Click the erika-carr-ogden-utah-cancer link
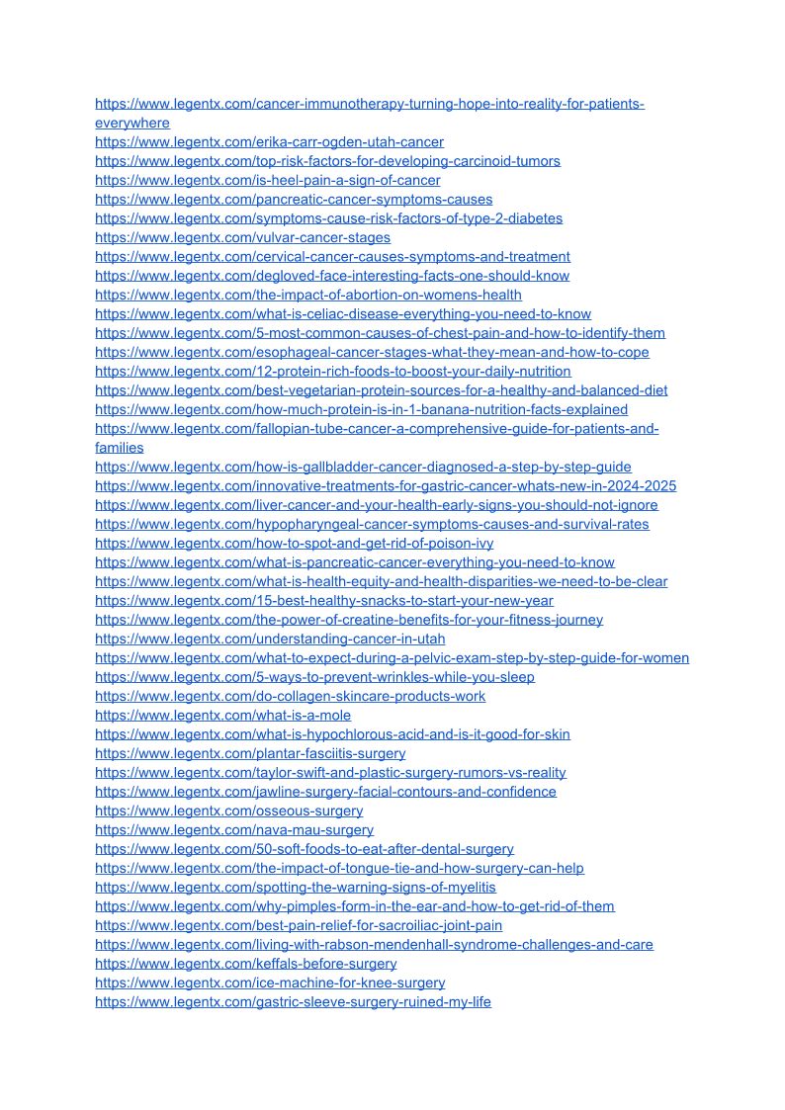[269, 142]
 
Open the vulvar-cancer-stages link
[242, 237]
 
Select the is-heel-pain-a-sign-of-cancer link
[267, 180]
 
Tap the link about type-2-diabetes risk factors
[328, 218]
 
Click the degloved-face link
[331, 276]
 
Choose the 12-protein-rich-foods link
[332, 372]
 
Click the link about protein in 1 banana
[361, 409]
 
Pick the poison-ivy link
[294, 544]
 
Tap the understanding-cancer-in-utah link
[270, 639]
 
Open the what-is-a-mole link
[222, 716]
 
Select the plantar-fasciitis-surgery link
[250, 753]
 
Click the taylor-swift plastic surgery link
[330, 773]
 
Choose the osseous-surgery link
[228, 811]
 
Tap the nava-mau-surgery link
[234, 830]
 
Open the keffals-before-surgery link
[245, 964]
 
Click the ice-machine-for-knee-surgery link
[270, 982]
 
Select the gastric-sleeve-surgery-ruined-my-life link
[293, 1002]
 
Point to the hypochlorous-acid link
[332, 734]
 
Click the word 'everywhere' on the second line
[132, 124]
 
